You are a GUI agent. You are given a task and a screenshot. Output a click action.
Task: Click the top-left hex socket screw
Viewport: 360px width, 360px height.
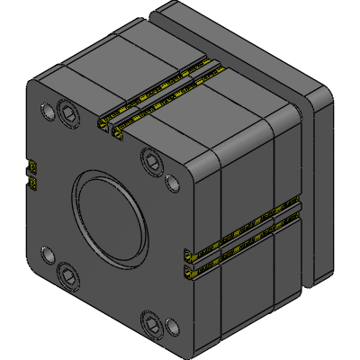(x=68, y=111)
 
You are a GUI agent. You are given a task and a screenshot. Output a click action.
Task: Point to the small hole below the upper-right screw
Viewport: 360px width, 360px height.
(x=169, y=186)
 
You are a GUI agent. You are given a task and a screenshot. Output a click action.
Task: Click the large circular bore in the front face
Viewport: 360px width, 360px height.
(x=110, y=215)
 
